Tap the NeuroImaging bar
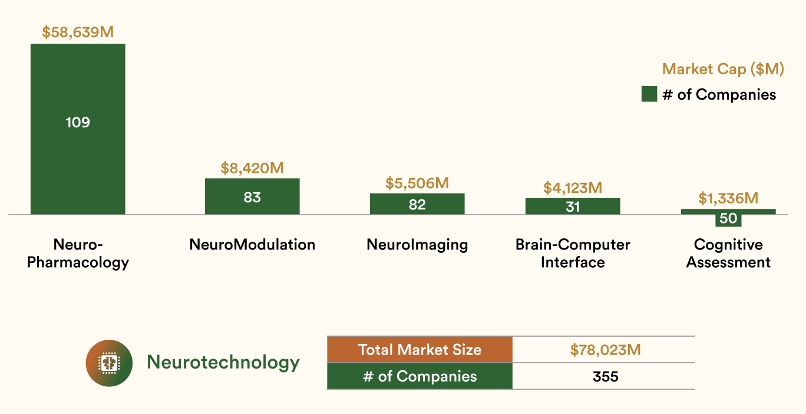click(417, 204)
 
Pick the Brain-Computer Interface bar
click(573, 206)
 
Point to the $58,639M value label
click(78, 32)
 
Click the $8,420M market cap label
click(252, 167)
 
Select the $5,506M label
click(417, 183)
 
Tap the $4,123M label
click(573, 188)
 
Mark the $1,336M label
click(728, 198)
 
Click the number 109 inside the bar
click(78, 123)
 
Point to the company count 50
click(728, 219)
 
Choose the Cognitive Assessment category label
click(728, 253)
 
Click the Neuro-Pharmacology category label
click(78, 253)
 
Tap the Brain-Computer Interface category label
click(573, 253)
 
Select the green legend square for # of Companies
click(649, 94)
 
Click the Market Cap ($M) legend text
click(723, 69)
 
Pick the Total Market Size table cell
click(419, 350)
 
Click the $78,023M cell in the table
click(605, 350)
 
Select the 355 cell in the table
click(605, 376)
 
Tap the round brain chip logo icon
click(109, 363)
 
